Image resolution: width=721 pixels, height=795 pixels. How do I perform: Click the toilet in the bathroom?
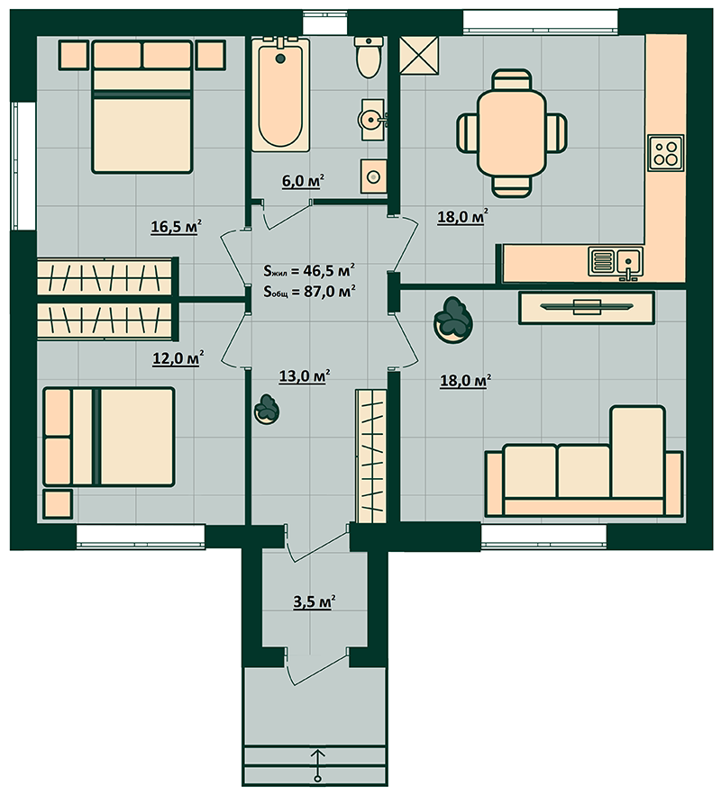(x=369, y=58)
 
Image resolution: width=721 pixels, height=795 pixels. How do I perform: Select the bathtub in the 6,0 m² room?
(x=280, y=95)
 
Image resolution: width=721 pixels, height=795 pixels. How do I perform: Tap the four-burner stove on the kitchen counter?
(x=666, y=153)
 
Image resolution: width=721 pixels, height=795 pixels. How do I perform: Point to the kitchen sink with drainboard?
(x=616, y=261)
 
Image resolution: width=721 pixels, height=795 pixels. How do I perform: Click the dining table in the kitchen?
(x=511, y=133)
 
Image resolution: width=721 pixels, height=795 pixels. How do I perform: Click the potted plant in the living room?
(x=453, y=321)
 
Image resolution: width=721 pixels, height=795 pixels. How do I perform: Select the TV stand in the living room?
(x=587, y=307)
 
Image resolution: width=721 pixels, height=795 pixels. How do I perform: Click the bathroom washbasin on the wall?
(x=373, y=120)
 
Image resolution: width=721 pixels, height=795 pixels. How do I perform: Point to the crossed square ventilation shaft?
(x=419, y=55)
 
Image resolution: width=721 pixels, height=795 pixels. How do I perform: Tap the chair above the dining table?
(x=512, y=79)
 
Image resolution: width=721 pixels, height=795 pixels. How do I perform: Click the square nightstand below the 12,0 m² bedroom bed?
(x=58, y=504)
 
